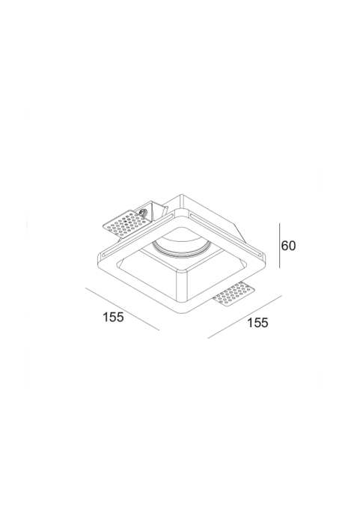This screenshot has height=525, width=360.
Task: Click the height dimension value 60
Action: click(288, 246)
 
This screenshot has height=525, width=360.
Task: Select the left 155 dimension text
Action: click(113, 317)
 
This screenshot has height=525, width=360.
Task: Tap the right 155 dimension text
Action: click(257, 323)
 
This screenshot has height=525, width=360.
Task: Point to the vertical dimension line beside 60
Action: click(279, 246)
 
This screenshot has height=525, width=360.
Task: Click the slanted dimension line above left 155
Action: click(123, 309)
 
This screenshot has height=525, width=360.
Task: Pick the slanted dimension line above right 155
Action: click(245, 317)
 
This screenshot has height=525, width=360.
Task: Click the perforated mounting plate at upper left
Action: click(124, 224)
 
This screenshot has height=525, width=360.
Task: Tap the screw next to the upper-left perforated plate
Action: click(144, 213)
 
